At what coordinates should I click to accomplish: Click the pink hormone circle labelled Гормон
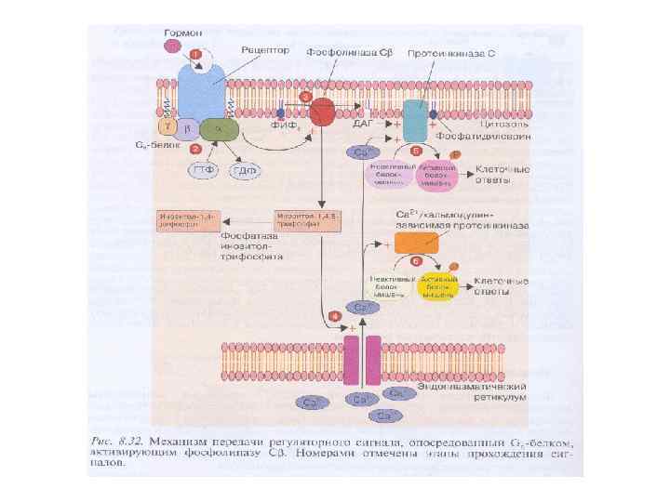pos(171,44)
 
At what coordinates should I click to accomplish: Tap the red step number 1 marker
pos(195,54)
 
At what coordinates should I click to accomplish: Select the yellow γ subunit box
pos(168,125)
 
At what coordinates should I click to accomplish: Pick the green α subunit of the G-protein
pos(217,128)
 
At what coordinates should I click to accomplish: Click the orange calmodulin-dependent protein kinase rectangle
pos(415,243)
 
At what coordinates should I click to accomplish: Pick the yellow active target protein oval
pos(436,285)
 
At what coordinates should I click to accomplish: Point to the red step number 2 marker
pos(196,148)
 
